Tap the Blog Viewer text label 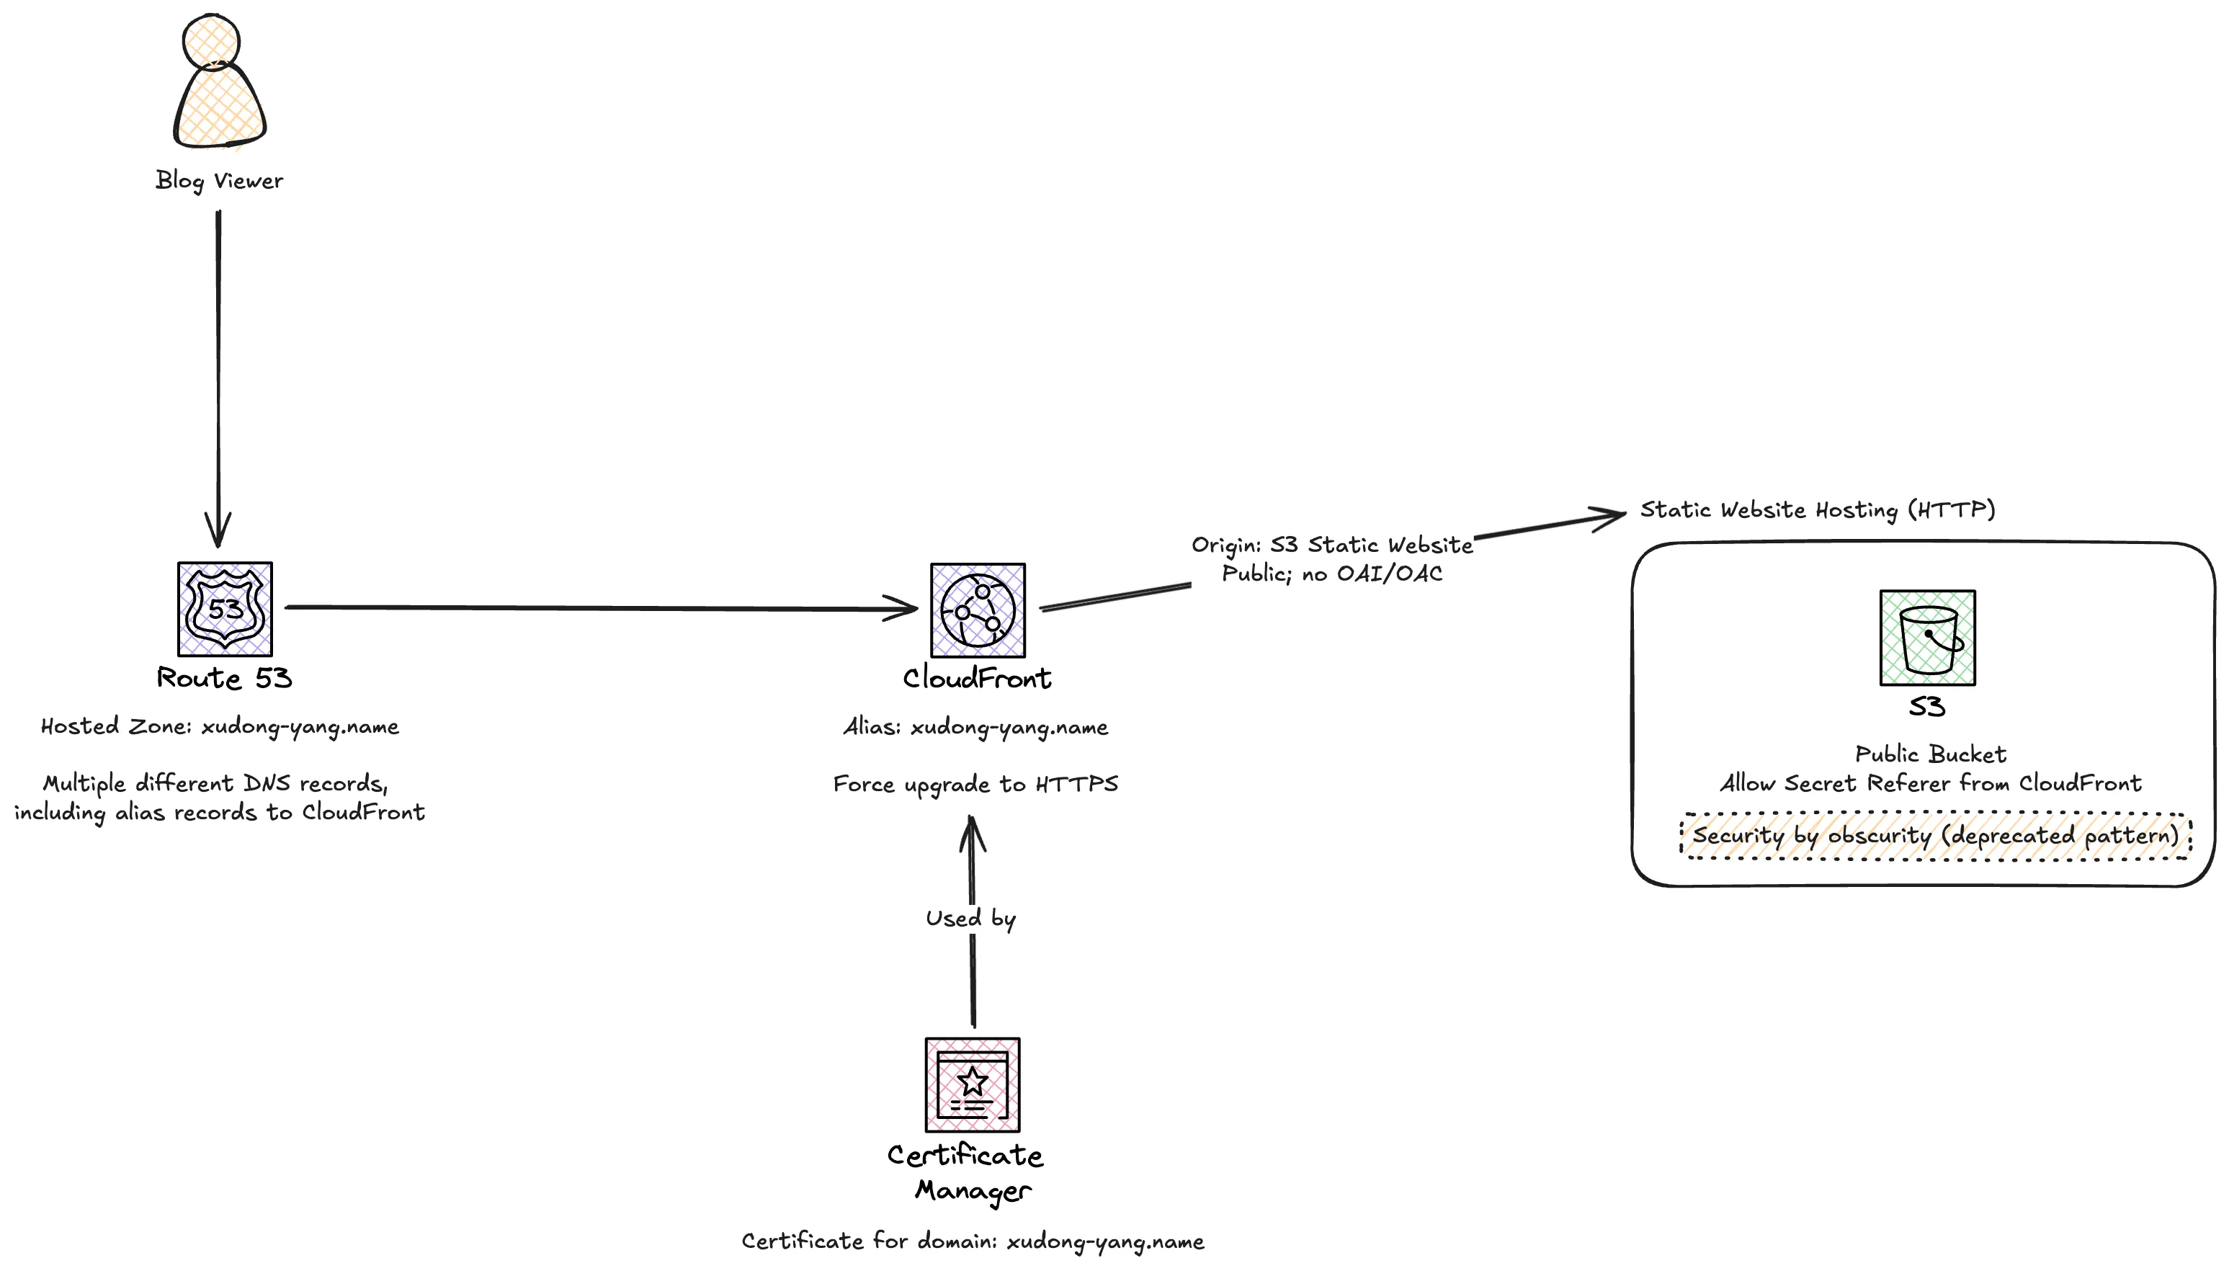tap(219, 181)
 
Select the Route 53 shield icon tap(225, 610)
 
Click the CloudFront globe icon tap(978, 610)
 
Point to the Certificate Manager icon tap(973, 1084)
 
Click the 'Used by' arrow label tap(970, 919)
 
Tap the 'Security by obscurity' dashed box tap(1935, 835)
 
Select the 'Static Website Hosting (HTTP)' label tap(1817, 510)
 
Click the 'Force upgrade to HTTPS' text tap(975, 784)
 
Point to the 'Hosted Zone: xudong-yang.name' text tap(220, 726)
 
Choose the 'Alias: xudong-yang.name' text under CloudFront tap(975, 727)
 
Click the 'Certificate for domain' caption tap(973, 1241)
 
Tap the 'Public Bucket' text tap(1929, 754)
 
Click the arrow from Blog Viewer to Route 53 tap(218, 375)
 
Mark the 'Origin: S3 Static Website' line tap(1332, 545)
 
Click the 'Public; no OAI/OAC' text tap(1332, 574)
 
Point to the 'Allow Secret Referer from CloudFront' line tap(1929, 783)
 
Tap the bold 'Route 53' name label tap(224, 678)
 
